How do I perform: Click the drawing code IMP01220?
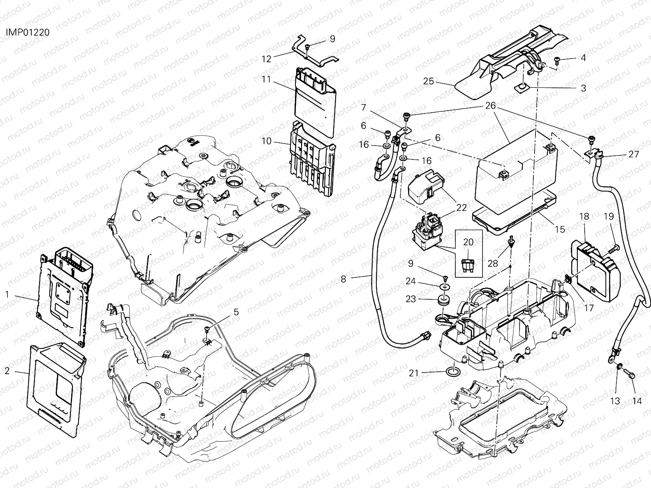click(x=28, y=32)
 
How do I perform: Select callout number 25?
click(x=428, y=81)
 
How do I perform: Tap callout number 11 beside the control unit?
click(x=266, y=79)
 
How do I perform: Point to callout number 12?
click(x=267, y=59)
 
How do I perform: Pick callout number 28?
click(x=493, y=263)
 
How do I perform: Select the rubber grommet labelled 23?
click(x=443, y=299)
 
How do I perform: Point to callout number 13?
click(x=615, y=401)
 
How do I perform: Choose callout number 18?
click(x=584, y=217)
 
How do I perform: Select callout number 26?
click(x=490, y=105)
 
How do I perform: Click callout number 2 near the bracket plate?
click(x=7, y=370)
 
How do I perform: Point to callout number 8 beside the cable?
click(x=343, y=279)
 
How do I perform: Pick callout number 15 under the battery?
click(x=560, y=229)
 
